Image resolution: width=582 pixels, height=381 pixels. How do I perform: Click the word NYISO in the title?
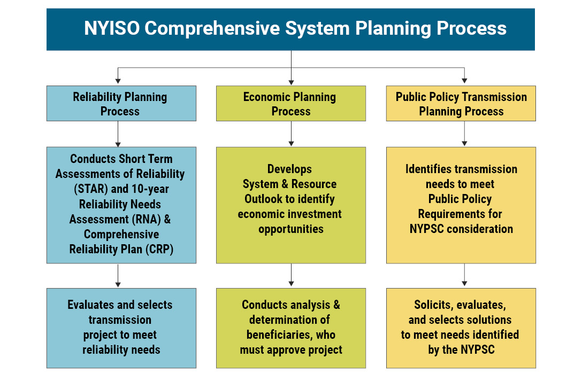[112, 28]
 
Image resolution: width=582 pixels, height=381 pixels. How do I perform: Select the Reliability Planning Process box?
[121, 104]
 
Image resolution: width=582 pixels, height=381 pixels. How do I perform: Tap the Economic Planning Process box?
[291, 104]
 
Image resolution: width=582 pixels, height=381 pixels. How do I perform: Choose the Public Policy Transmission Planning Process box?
[461, 104]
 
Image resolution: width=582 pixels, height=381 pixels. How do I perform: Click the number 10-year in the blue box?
[150, 189]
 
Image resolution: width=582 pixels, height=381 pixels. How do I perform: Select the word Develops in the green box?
[289, 169]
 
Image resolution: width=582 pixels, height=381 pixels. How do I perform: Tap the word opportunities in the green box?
[291, 229]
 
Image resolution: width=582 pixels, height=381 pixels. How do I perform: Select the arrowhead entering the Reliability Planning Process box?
[118, 81]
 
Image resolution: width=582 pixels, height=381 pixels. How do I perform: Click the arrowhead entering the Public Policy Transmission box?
[464, 81]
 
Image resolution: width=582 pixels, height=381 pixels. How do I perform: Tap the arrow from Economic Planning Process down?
[291, 134]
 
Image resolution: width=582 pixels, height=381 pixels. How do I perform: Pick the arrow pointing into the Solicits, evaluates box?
[464, 275]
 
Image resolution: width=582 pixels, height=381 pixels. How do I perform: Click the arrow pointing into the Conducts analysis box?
[291, 275]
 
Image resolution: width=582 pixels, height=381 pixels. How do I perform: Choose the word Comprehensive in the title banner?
[212, 29]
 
